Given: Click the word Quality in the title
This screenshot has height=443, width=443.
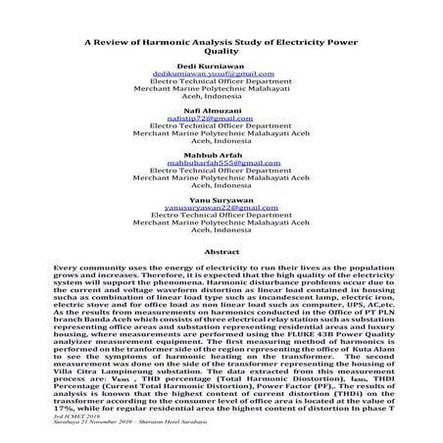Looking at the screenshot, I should click(x=221, y=55).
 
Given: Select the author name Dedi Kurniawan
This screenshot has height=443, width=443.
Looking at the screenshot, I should click(x=221, y=75).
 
